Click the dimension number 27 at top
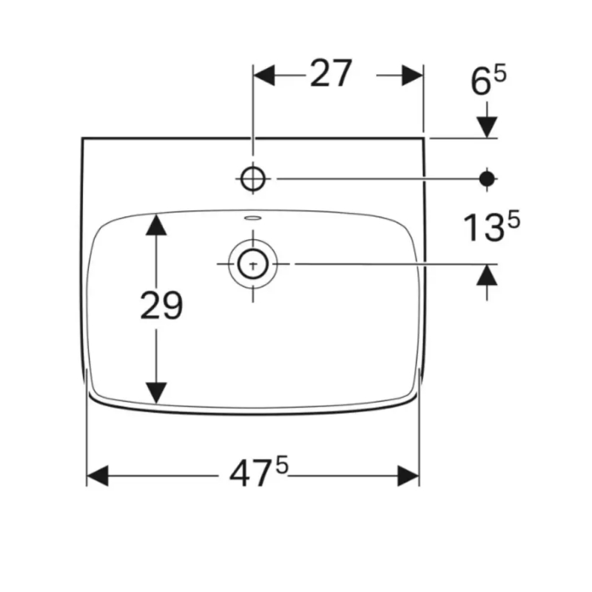click(331, 73)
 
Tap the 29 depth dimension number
click(161, 305)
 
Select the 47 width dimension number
click(250, 474)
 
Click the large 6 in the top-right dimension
click(481, 82)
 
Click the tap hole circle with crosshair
click(253, 178)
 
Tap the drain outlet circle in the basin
click(253, 264)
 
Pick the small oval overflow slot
click(253, 218)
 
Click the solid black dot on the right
click(487, 178)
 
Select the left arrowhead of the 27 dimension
click(264, 75)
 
